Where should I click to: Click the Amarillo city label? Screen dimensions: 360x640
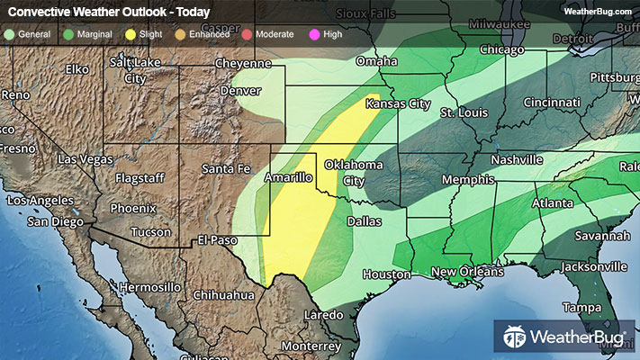point(288,179)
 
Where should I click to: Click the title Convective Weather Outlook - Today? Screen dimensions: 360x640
point(109,13)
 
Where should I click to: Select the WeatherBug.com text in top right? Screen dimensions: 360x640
point(597,12)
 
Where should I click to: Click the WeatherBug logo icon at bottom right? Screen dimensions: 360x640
point(514,337)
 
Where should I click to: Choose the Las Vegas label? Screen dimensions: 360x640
point(86,159)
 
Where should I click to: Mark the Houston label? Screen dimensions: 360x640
point(387,274)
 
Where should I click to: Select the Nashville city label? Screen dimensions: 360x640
point(516,159)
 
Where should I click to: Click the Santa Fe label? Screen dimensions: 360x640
point(225,168)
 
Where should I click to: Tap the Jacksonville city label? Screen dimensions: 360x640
point(593,266)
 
